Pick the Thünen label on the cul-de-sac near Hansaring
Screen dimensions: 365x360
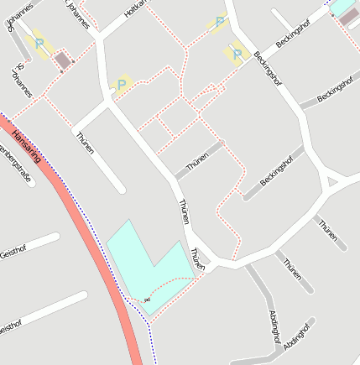point(84,143)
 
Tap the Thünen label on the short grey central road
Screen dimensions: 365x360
point(197,162)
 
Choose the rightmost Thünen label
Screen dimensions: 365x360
point(327,230)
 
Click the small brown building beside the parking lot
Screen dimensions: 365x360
point(61,60)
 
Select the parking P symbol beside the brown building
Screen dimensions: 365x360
point(39,43)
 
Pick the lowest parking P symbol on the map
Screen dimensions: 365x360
point(123,84)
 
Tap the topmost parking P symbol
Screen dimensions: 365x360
point(220,22)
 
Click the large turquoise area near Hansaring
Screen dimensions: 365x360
point(143,264)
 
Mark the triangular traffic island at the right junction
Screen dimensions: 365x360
point(332,180)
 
